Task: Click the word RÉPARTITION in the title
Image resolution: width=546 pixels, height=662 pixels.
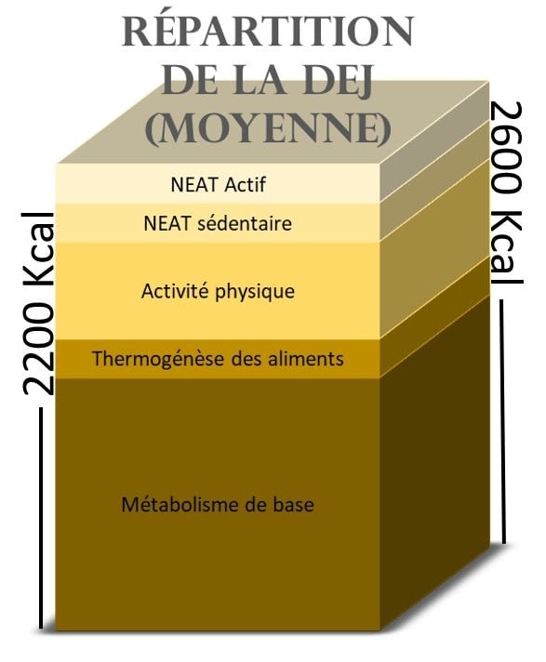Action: [x=268, y=32]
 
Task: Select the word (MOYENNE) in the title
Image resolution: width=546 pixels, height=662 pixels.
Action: [x=268, y=128]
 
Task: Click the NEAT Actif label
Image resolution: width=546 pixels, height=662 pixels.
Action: [x=219, y=184]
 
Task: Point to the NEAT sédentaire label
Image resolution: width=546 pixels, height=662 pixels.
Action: [x=218, y=223]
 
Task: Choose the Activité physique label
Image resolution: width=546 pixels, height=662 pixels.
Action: [x=218, y=291]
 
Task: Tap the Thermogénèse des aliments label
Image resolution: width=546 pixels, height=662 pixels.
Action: [x=218, y=359]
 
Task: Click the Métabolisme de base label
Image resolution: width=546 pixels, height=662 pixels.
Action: [x=218, y=505]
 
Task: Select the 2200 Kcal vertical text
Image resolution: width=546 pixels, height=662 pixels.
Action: [x=38, y=303]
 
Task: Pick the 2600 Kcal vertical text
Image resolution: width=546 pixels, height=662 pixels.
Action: [x=507, y=193]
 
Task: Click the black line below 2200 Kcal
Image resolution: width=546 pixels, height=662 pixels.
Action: [x=41, y=518]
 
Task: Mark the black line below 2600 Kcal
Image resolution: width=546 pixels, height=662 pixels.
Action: [x=502, y=421]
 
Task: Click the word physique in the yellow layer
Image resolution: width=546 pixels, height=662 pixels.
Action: [x=255, y=292]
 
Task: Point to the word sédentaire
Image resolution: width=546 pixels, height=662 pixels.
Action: [x=245, y=223]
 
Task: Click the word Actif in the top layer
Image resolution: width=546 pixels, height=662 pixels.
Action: [x=246, y=184]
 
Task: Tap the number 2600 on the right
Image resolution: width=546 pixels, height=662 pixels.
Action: [x=507, y=149]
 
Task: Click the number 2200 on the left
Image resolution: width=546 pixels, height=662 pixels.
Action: [x=38, y=349]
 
